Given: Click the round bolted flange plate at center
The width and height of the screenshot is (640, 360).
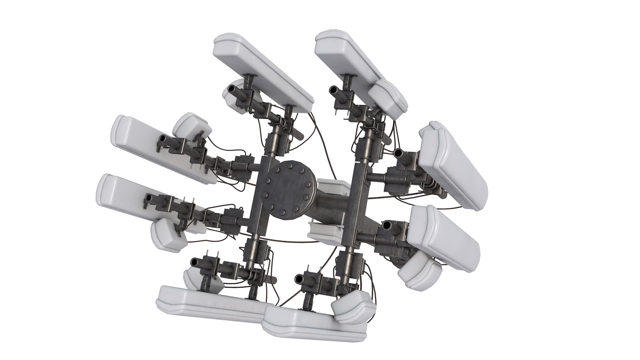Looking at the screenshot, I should pos(287,190).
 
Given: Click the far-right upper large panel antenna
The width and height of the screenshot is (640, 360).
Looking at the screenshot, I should pos(453,163).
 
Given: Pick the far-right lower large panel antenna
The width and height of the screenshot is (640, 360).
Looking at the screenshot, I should pos(445,233).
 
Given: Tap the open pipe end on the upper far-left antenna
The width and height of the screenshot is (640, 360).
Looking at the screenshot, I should pos(162,138).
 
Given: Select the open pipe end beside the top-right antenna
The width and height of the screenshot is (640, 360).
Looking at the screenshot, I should pos(333,90).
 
